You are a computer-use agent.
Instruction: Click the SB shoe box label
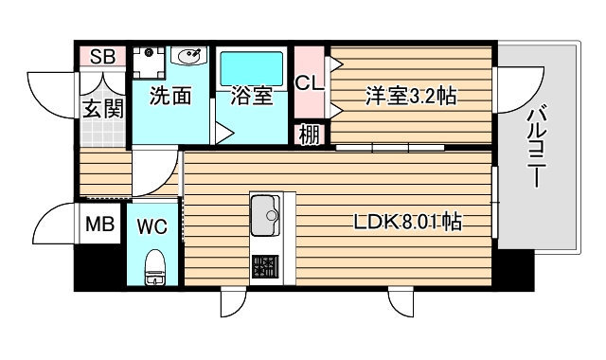pyautogui.click(x=102, y=57)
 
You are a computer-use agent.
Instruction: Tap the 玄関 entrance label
pyautogui.click(x=102, y=107)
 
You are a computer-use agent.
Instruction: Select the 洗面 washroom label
pyautogui.click(x=170, y=95)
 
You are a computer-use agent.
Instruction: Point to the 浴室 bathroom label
pyautogui.click(x=252, y=95)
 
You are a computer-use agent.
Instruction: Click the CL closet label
pyautogui.click(x=310, y=82)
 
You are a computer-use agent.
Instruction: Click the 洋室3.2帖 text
pyautogui.click(x=411, y=95)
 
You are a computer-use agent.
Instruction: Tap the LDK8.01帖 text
pyautogui.click(x=408, y=224)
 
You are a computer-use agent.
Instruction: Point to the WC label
pyautogui.click(x=152, y=226)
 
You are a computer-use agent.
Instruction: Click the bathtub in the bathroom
pyautogui.click(x=251, y=67)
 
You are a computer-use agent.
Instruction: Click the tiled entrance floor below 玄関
pyautogui.click(x=102, y=133)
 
